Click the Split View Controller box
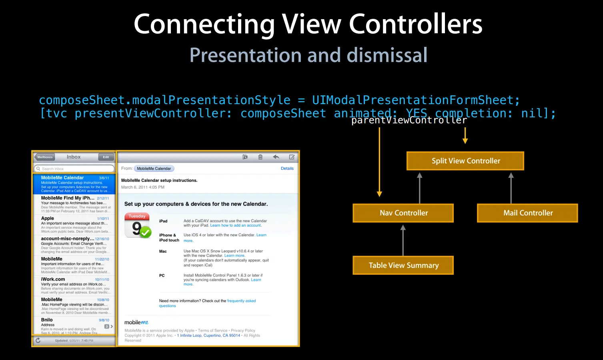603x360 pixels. (465, 161)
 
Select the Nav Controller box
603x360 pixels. (403, 213)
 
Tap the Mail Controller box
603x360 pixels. (527, 213)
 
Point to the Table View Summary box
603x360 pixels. (403, 265)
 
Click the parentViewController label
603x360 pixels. (409, 120)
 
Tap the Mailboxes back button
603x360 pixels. (44, 157)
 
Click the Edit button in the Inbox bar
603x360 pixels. (106, 157)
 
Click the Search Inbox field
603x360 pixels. (74, 169)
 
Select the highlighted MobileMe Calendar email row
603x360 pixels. (74, 184)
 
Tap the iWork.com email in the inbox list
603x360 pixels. (74, 285)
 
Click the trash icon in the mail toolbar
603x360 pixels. (260, 157)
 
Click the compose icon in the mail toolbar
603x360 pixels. (292, 157)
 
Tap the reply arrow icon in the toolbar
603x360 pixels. (276, 157)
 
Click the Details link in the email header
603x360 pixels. (287, 169)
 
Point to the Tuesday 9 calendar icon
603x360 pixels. (138, 225)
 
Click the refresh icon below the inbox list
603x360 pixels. (38, 340)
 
